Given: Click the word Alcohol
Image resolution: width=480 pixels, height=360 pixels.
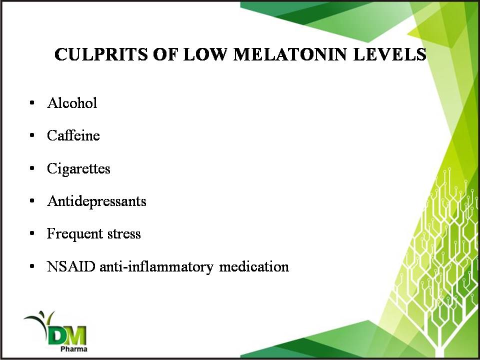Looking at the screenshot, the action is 72,103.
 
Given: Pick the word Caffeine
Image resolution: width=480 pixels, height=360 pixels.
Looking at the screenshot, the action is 73,135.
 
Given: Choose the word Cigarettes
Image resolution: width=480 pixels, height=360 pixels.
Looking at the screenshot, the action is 78,168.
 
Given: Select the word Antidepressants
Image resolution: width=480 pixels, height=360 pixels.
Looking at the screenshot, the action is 96,201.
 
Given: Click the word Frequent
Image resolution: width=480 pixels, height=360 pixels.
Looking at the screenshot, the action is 74,234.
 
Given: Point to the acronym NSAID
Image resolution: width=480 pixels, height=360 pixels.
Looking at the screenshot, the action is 71,266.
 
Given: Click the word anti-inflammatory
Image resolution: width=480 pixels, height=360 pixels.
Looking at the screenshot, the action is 156,267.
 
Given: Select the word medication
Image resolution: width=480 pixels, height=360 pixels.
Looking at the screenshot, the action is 254,266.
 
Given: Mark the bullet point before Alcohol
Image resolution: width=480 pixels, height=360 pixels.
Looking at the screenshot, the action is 32,103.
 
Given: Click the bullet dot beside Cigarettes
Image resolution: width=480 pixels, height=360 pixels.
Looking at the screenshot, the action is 32,168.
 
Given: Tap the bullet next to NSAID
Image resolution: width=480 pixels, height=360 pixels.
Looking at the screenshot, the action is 32,266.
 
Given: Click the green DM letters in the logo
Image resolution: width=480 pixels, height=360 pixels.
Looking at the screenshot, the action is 67,335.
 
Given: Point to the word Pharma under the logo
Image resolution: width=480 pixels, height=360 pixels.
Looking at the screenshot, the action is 74,349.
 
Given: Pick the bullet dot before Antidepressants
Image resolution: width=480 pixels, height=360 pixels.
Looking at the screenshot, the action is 32,201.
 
